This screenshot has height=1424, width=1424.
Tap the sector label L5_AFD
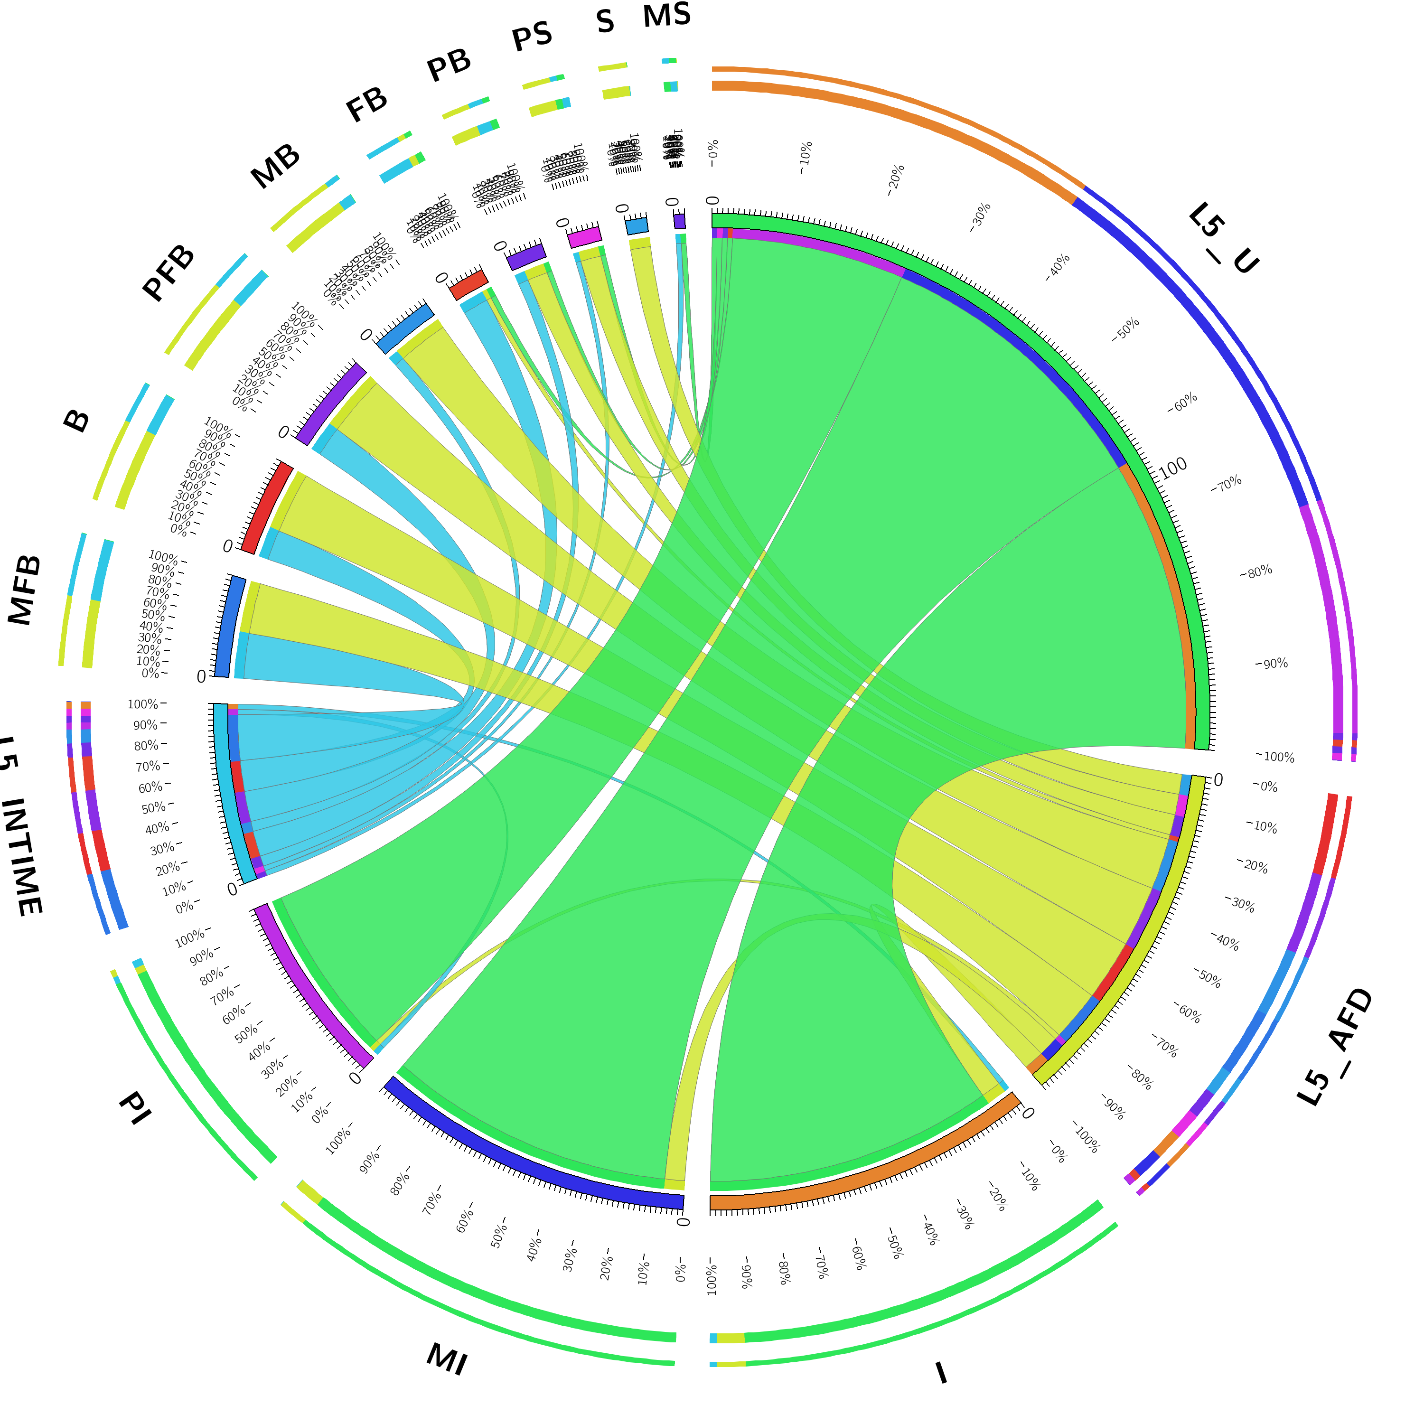[x=1335, y=1047]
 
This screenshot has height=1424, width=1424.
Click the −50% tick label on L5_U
[x=1125, y=329]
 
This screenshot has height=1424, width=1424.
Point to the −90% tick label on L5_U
[x=1272, y=664]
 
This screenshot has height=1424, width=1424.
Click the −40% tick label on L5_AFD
[x=1225, y=941]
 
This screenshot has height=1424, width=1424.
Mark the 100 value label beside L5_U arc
[x=1172, y=467]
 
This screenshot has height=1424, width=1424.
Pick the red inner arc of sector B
[x=267, y=507]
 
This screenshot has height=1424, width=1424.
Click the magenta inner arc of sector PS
[x=584, y=236]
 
